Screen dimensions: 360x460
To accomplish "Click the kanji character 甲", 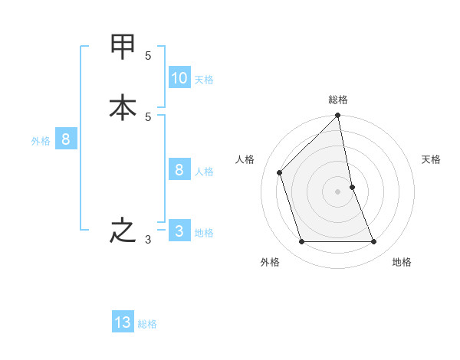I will tap(123, 47).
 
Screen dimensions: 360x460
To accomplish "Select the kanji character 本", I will tap(123, 108).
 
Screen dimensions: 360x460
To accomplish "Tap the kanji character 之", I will tap(123, 231).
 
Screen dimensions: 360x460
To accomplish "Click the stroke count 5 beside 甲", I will tap(148, 56).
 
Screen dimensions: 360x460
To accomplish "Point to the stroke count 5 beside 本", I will tap(148, 117).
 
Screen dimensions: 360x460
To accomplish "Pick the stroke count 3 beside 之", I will tap(148, 240).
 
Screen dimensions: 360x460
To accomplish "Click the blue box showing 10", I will tap(179, 78).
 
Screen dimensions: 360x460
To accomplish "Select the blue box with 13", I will tap(123, 322).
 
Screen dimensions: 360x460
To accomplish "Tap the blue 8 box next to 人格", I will tap(179, 170).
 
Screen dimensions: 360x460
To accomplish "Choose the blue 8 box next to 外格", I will tap(66, 139).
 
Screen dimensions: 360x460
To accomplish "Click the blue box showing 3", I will tap(179, 231).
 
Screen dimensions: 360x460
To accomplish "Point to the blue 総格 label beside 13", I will tap(147, 324).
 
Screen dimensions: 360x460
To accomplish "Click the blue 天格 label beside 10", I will tap(204, 80).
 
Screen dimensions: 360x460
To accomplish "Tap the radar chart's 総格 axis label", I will tap(338, 100).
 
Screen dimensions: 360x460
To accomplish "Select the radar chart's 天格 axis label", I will tap(431, 159).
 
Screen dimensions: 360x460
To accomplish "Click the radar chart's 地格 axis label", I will tap(402, 262).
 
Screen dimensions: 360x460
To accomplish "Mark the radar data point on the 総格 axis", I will tap(338, 116).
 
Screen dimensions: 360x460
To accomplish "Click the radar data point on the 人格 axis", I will tap(280, 172).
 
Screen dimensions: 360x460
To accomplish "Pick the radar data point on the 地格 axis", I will tap(374, 242).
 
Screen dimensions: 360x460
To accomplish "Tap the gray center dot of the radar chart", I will tap(338, 191).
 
